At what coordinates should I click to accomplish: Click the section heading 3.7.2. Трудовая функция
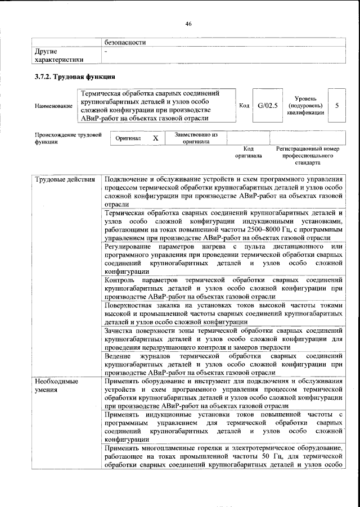pyautogui.click(x=75, y=76)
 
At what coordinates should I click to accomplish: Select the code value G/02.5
pyautogui.click(x=268, y=105)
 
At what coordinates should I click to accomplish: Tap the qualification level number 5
pyautogui.click(x=336, y=105)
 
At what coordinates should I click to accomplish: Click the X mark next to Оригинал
pyautogui.click(x=156, y=138)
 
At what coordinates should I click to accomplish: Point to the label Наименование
pyautogui.click(x=53, y=106)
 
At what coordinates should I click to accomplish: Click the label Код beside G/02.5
pyautogui.click(x=244, y=105)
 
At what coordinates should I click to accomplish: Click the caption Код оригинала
pyautogui.click(x=248, y=152)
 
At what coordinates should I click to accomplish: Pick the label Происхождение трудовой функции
pyautogui.click(x=68, y=138)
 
